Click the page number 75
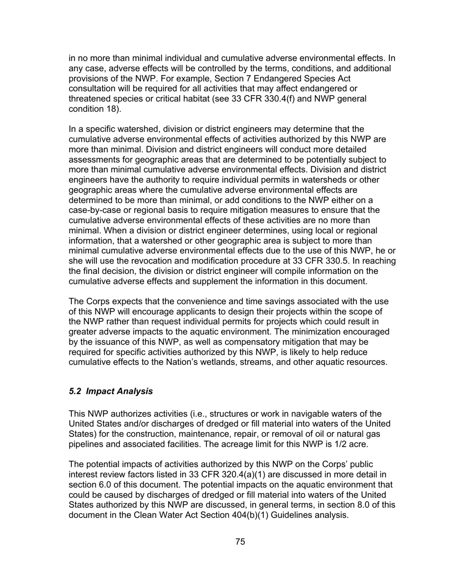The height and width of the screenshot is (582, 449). point(240,542)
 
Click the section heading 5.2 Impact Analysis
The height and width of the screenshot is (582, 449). point(111,391)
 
